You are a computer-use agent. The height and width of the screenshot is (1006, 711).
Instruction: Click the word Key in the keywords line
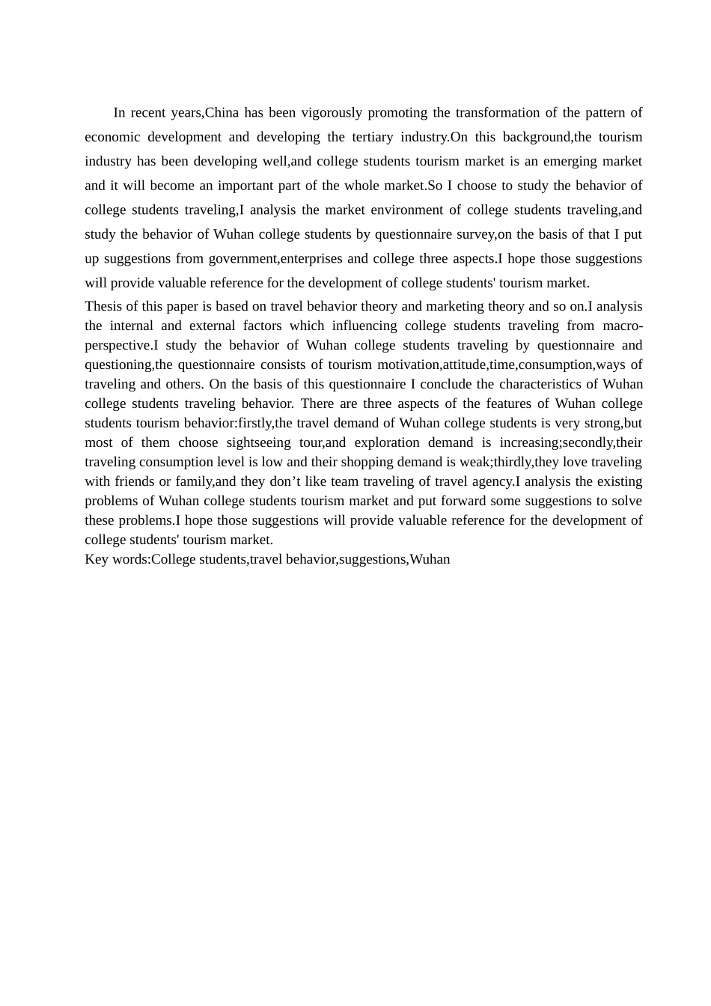click(97, 559)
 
